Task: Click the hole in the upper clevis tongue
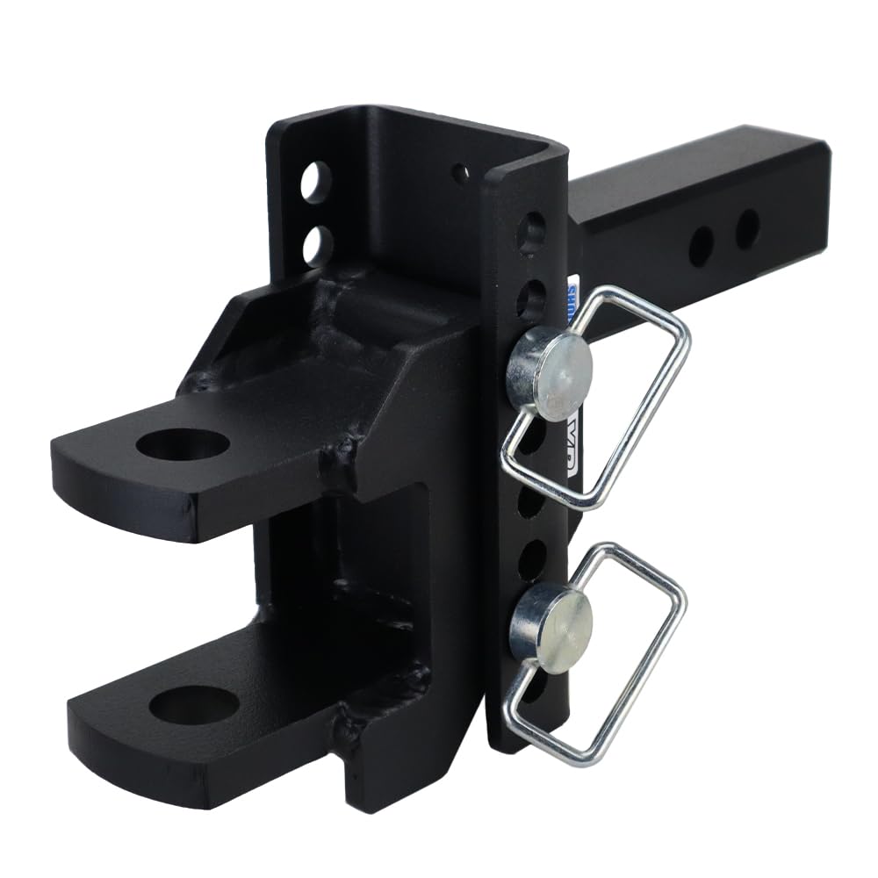tap(183, 443)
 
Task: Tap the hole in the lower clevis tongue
tap(194, 704)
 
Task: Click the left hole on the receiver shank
tap(701, 247)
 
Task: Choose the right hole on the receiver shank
tap(747, 228)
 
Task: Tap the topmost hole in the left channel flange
tap(316, 182)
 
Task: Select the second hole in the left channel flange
tap(318, 246)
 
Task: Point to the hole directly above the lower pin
tap(531, 559)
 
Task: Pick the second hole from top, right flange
tap(531, 299)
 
